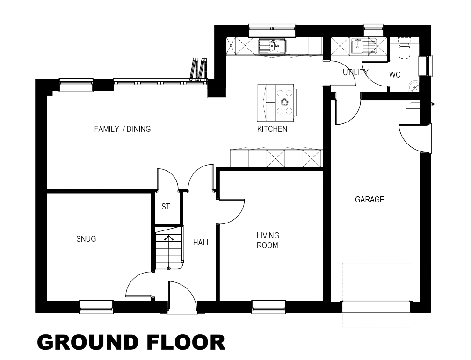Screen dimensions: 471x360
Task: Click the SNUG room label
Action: (86, 239)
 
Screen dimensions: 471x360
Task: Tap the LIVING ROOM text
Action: (268, 240)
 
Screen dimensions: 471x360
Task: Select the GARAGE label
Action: (370, 200)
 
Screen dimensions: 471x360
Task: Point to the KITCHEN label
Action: (272, 129)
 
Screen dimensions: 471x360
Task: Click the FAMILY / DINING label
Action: (123, 129)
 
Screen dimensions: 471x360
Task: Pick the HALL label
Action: (202, 243)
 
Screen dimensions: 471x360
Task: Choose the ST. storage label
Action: (167, 207)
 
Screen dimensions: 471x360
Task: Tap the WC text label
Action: (395, 75)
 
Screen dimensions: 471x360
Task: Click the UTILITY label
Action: (355, 72)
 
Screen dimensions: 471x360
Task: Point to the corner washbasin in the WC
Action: (413, 86)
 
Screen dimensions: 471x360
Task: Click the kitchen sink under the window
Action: (272, 46)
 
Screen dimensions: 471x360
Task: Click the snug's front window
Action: (96, 307)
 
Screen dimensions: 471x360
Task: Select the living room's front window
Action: (268, 307)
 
